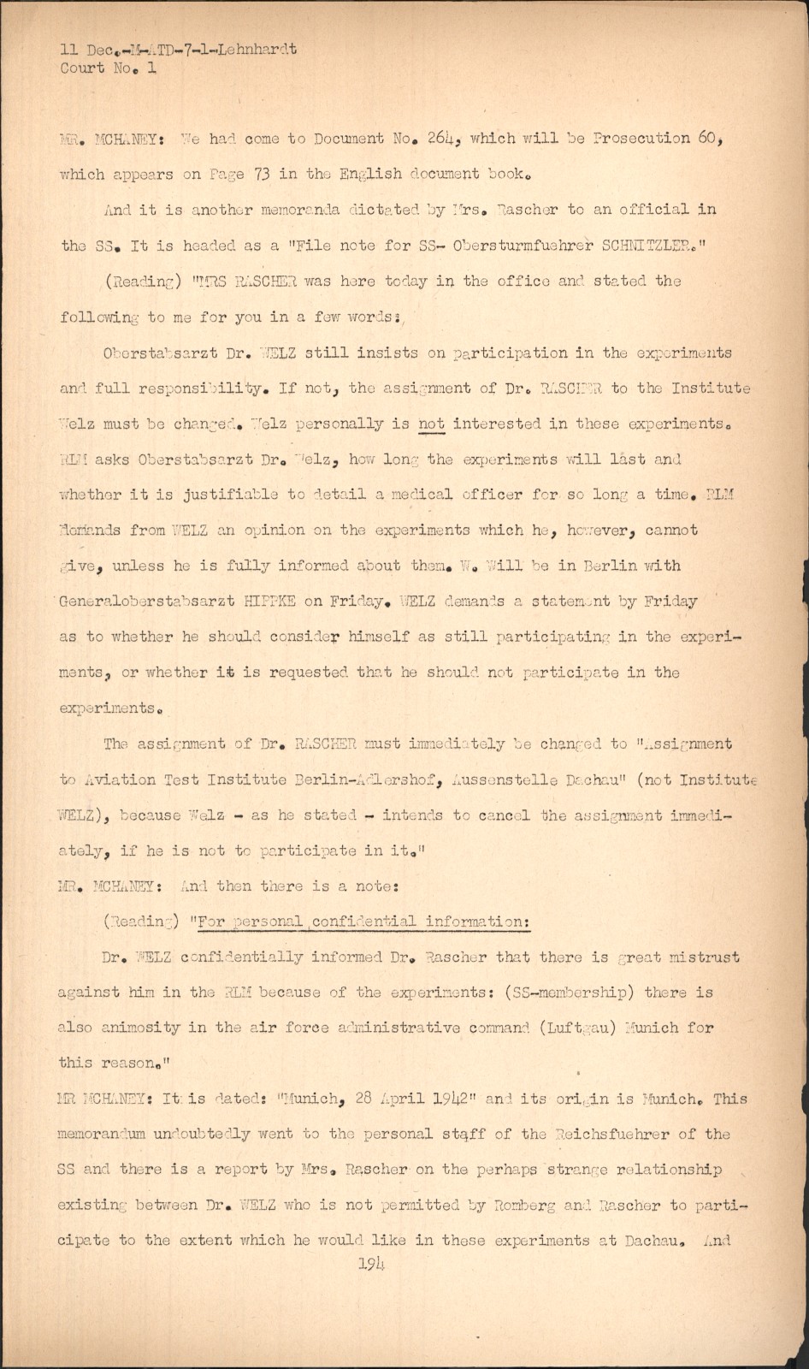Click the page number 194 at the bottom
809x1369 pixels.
pos(372,1263)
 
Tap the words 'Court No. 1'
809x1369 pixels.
pos(108,68)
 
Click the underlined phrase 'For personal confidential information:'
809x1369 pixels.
pos(363,922)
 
